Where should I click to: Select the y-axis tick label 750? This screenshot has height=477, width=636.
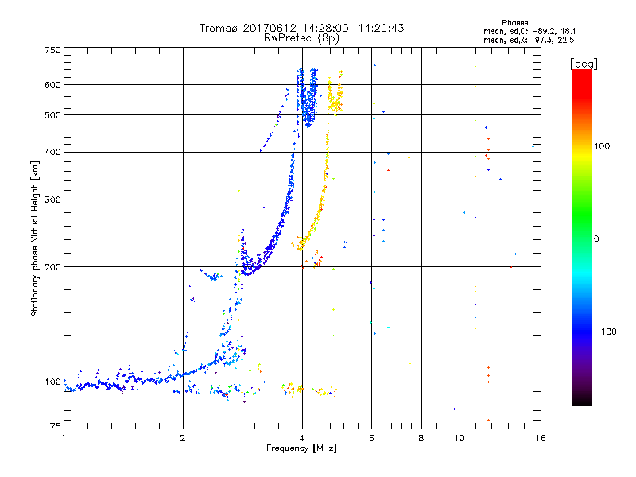coord(52,50)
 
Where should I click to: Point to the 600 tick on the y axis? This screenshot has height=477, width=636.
coord(52,85)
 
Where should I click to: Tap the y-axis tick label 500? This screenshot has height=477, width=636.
coord(52,115)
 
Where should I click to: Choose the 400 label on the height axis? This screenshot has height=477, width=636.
coord(52,152)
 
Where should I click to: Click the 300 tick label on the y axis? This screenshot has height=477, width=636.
coord(52,200)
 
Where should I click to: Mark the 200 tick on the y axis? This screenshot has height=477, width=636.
coord(52,267)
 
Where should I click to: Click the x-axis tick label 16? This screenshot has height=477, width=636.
coord(540,438)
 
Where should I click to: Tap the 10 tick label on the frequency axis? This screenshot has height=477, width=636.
coord(460,438)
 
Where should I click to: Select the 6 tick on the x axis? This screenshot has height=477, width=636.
coord(371,438)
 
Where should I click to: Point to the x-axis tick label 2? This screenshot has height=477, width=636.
coord(183,438)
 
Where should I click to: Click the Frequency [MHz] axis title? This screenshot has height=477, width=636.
coord(302,448)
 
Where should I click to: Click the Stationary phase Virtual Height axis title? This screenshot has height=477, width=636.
coord(35,238)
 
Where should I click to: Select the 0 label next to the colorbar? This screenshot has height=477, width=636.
coord(596,238)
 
